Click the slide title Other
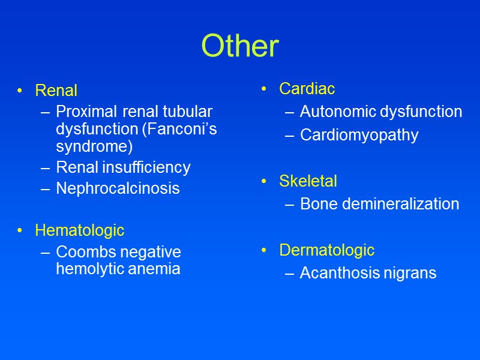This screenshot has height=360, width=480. click(x=240, y=46)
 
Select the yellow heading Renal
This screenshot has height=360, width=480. click(x=56, y=91)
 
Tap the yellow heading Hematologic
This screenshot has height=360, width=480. click(x=79, y=230)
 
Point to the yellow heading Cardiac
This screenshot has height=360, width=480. click(x=307, y=89)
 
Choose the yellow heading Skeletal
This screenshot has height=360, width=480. click(x=308, y=181)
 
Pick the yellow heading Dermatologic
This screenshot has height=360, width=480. click(x=326, y=250)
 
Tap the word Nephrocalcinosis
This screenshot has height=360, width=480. click(x=118, y=188)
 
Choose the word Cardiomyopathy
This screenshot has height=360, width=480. click(x=359, y=135)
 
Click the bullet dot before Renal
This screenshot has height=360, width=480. click(x=20, y=91)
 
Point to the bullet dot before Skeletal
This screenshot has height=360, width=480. click(x=265, y=181)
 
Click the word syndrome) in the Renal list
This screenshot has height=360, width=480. click(x=94, y=146)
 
